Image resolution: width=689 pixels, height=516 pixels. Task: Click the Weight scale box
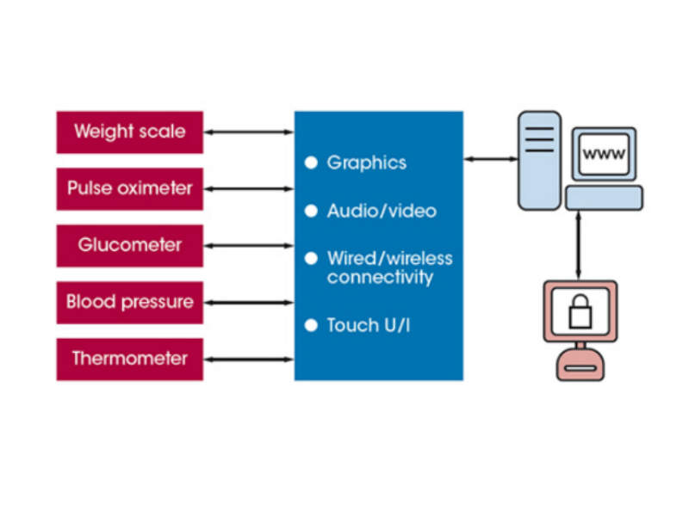pos(129,132)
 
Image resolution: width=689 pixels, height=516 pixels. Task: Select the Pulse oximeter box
pos(129,188)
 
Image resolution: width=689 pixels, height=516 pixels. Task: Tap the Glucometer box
pos(129,245)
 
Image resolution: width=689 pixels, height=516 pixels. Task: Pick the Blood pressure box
pos(129,302)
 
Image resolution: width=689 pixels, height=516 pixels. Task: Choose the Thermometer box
pos(129,359)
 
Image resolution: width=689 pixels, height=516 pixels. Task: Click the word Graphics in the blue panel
pos(366,163)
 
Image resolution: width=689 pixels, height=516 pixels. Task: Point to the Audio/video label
pos(382,211)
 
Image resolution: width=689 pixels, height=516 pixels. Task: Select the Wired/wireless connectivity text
pos(389,267)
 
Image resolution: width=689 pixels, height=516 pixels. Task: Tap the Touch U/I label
pos(368,325)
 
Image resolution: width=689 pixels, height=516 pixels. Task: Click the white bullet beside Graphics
pos(311,163)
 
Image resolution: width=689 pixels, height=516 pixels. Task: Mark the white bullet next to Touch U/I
pos(311,325)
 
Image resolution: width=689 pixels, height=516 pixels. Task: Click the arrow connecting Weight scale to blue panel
pos(249,132)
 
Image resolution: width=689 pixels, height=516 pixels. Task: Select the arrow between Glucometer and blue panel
pos(249,245)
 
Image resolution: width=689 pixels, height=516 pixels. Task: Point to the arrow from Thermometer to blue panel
pos(249,359)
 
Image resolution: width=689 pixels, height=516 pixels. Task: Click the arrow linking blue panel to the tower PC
pos(491,159)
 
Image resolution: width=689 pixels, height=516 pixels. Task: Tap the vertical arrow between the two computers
pos(579,244)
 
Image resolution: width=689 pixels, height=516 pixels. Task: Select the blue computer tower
pos(539,160)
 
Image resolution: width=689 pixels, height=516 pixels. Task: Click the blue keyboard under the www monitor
pos(604,198)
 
